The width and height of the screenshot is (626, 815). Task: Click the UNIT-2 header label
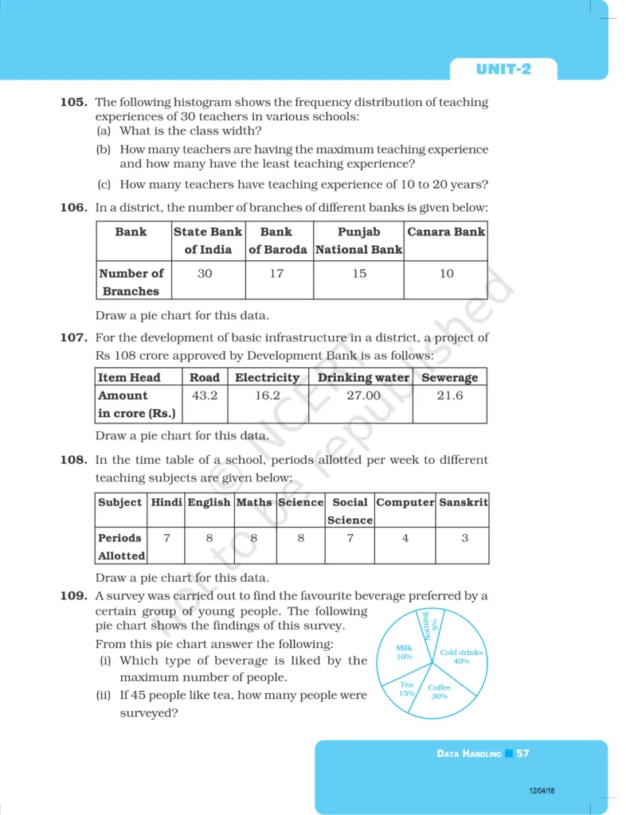pos(503,69)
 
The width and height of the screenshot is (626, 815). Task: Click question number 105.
pos(73,102)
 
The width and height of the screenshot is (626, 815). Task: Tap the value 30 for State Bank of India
pos(205,273)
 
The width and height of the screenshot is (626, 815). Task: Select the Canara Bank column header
pos(446,232)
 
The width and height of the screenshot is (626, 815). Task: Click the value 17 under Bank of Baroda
pos(277,273)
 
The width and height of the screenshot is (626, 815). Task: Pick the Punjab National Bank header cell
pos(359,240)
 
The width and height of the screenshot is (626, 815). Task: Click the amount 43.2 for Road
pos(205,395)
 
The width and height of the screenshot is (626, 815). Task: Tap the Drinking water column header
pos(363,377)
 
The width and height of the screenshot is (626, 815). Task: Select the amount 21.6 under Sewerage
pos(449,395)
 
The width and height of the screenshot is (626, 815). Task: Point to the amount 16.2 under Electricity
pos(267,395)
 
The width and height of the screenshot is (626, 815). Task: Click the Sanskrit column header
pos(464,502)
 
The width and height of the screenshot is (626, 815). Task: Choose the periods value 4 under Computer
pos(405,538)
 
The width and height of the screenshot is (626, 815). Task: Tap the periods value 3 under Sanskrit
pos(464,538)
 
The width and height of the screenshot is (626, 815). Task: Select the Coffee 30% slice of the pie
pos(439,691)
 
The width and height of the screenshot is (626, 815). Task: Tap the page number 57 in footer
pos(522,753)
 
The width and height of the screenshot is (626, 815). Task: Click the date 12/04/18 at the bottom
pos(542,790)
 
